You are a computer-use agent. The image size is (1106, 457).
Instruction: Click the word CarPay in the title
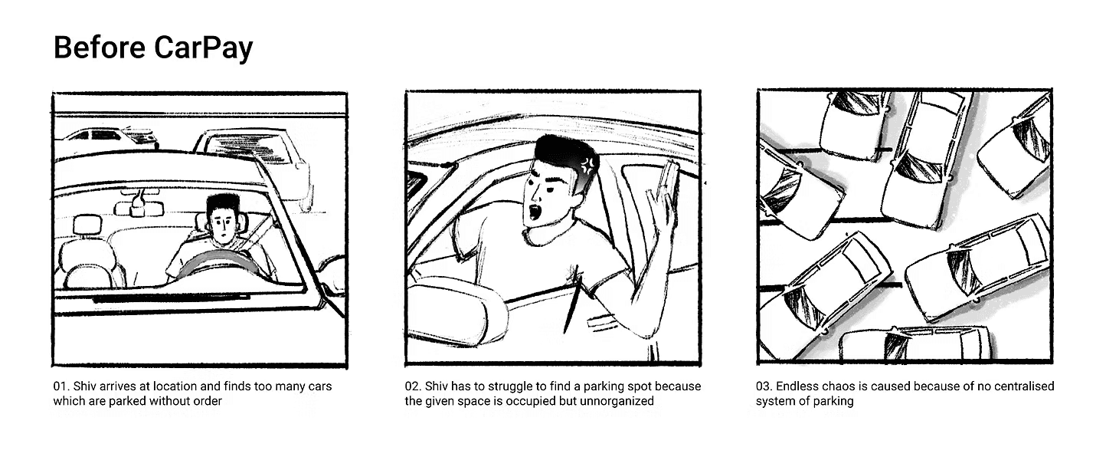pos(203,48)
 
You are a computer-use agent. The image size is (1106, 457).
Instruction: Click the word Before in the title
pos(100,48)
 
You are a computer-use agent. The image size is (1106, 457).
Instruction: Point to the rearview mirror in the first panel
pos(138,209)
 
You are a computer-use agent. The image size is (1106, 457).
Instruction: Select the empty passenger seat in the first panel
pos(89,257)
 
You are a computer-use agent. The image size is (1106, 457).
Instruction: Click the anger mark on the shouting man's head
pos(587,165)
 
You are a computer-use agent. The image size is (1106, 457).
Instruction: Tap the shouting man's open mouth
pos(535,213)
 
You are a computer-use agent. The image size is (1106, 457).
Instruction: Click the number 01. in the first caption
pos(61,386)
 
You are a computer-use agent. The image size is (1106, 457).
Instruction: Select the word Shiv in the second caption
pos(437,386)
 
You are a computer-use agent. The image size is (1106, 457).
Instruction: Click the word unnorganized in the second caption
pos(617,401)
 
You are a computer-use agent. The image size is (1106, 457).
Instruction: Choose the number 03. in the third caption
pos(764,386)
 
